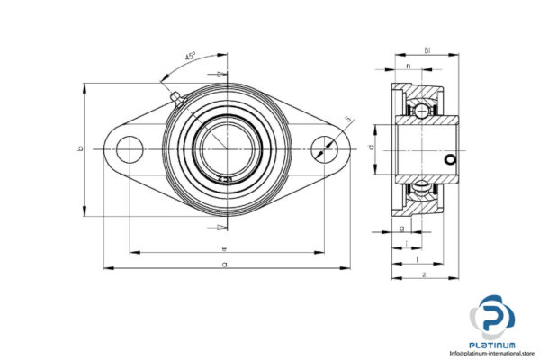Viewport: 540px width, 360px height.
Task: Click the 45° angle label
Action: (x=191, y=56)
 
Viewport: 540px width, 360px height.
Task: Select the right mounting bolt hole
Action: (x=323, y=149)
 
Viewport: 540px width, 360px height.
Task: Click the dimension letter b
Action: (x=79, y=149)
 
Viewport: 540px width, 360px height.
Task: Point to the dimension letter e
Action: (x=224, y=247)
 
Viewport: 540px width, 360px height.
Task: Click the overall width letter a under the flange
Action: (x=224, y=264)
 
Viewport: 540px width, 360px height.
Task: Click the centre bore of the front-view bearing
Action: (x=226, y=149)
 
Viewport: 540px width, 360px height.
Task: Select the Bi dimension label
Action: (x=427, y=52)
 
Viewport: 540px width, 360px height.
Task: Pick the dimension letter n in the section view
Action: (x=408, y=67)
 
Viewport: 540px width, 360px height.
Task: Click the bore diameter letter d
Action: (x=371, y=147)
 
